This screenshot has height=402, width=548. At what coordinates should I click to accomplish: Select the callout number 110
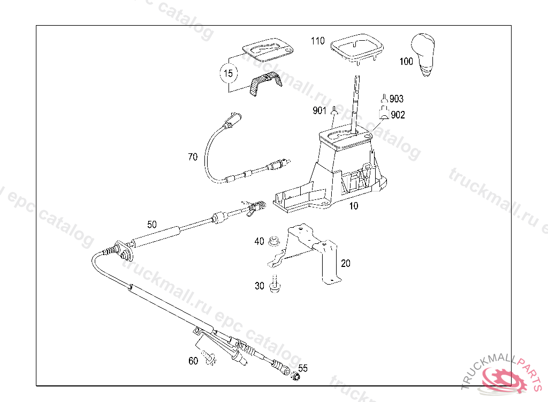(x=317, y=41)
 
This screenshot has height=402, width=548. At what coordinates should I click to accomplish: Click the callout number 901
(x=319, y=111)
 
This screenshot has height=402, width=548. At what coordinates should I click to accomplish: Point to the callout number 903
(x=397, y=99)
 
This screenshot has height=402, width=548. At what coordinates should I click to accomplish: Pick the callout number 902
(x=398, y=115)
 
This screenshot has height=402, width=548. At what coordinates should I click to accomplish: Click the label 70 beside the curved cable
(x=193, y=157)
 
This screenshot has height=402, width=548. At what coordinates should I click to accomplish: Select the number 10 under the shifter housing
(x=354, y=206)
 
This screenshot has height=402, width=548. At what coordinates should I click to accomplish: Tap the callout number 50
(x=152, y=225)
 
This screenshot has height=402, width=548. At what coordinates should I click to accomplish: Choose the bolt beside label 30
(x=275, y=284)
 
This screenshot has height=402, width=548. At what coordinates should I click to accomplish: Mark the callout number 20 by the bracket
(x=346, y=263)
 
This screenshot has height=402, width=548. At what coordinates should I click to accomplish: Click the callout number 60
(x=193, y=361)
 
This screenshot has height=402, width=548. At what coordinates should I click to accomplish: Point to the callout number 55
(x=303, y=368)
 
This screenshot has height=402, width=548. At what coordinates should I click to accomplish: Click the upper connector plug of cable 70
(x=232, y=118)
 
